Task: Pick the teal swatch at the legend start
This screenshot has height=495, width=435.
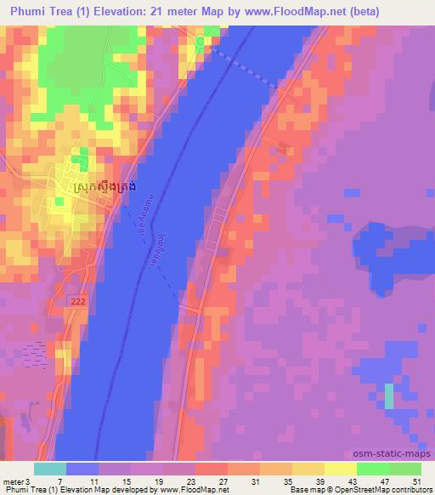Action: [x=49, y=469]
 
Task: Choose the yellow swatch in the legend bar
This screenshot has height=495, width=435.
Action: [x=340, y=469]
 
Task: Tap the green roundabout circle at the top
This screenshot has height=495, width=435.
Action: [x=201, y=41]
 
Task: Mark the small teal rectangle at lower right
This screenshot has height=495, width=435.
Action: [x=389, y=396]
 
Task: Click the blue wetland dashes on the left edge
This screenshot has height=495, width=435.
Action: [x=36, y=350]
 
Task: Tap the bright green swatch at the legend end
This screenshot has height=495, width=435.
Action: [x=405, y=469]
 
